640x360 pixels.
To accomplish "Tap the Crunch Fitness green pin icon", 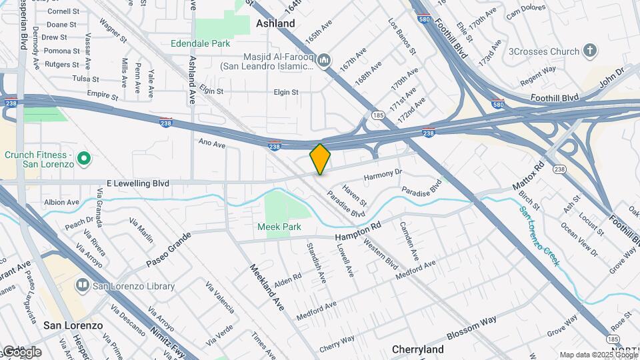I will click(83, 159).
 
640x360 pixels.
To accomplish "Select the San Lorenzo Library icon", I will click(83, 286).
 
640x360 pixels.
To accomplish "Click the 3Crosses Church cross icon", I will click(589, 51).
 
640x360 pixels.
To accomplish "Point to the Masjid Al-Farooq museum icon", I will click(325, 61).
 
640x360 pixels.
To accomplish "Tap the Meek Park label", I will click(279, 227).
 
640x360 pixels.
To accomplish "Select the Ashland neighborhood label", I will click(275, 23).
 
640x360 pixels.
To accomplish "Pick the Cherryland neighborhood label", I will click(418, 349).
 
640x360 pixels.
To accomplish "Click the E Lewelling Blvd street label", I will click(137, 183).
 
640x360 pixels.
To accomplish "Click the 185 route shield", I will click(378, 115).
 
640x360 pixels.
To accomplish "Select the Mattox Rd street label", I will click(529, 175).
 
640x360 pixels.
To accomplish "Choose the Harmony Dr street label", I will click(383, 175).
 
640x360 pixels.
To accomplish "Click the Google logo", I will click(21, 351).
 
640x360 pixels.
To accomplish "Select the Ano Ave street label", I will click(212, 142).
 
